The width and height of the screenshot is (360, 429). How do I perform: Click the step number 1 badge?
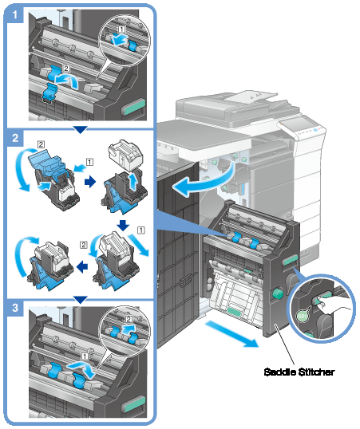(14, 14)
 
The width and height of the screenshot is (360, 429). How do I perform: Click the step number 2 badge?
(15, 138)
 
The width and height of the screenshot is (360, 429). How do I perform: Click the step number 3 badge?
(15, 308)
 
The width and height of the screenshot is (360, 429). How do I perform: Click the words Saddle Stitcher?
(299, 372)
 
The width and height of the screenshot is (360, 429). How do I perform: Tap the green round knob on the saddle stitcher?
(278, 293)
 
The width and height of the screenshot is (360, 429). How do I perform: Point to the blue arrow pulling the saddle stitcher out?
(232, 334)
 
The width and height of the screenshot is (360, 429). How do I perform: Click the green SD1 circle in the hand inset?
(302, 317)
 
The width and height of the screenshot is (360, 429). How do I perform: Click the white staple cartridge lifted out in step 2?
(125, 153)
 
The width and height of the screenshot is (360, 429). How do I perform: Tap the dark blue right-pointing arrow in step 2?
(90, 181)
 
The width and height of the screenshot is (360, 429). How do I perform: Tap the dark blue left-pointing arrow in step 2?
(82, 266)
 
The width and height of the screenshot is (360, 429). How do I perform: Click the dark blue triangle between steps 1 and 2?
(81, 129)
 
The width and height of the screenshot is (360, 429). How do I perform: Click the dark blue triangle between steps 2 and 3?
(81, 300)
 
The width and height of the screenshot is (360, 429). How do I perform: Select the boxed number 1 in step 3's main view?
(85, 356)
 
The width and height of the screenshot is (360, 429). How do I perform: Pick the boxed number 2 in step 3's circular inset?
(129, 319)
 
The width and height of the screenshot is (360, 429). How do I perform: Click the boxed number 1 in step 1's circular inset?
(121, 29)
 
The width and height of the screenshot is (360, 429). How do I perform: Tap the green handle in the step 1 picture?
(134, 107)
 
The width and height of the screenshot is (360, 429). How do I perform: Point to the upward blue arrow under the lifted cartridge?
(133, 183)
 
